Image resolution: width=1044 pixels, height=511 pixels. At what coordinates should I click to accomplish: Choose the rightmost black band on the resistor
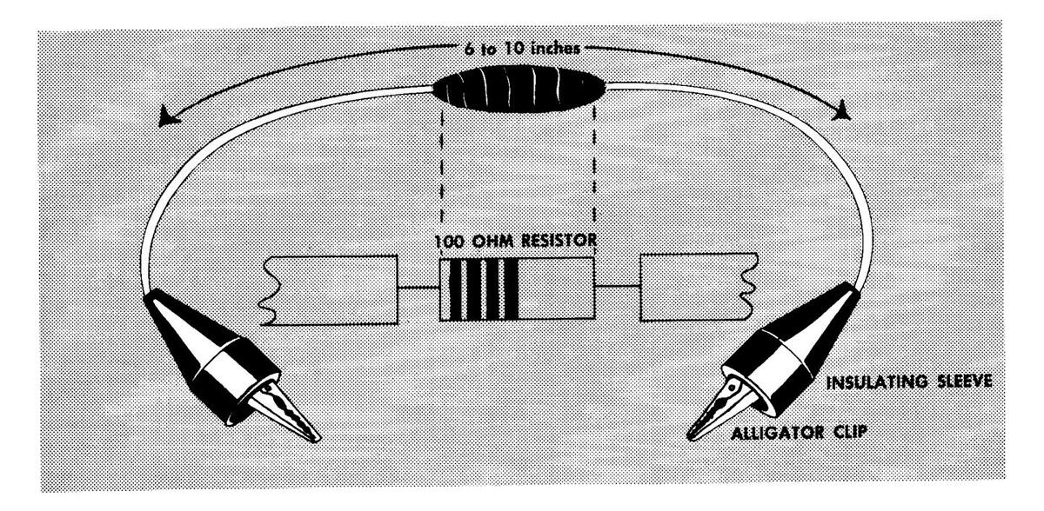(x=513, y=289)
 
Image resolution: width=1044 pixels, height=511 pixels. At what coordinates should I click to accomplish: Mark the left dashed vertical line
(x=443, y=174)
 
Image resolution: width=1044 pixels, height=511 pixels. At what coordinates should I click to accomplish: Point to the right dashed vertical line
(x=593, y=174)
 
